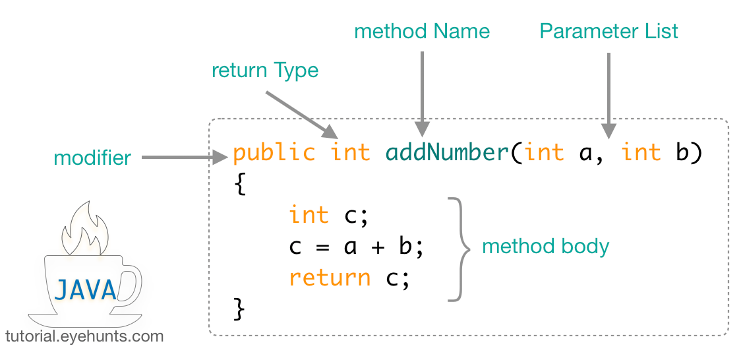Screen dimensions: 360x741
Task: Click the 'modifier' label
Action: (92, 158)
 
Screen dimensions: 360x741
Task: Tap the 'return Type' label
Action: (265, 71)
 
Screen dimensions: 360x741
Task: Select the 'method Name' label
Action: (422, 31)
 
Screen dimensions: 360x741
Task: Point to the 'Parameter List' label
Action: (608, 31)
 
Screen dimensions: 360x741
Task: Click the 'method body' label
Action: (546, 247)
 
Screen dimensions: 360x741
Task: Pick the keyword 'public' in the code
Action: (274, 153)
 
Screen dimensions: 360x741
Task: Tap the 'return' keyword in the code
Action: (330, 278)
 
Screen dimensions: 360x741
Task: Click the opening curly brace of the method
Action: (239, 185)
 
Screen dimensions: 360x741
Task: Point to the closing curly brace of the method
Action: (239, 308)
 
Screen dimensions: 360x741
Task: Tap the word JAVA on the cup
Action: (86, 289)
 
